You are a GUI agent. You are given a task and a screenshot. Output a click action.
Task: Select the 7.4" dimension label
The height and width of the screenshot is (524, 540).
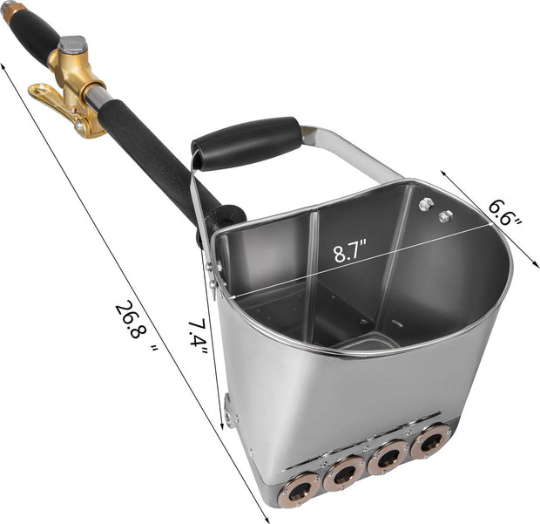[199, 337]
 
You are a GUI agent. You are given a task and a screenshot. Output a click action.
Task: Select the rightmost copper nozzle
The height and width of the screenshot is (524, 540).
[429, 441]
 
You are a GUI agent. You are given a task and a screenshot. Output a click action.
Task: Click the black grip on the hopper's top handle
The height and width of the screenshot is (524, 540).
[247, 141]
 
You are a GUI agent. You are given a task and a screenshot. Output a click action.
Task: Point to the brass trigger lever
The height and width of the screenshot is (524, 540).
[54, 103]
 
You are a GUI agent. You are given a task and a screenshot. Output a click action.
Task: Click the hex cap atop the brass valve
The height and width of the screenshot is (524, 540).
[71, 44]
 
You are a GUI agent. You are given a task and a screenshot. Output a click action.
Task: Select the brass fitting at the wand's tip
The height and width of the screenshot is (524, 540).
[10, 11]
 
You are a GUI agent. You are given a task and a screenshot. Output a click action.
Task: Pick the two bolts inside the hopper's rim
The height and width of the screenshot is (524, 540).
[435, 209]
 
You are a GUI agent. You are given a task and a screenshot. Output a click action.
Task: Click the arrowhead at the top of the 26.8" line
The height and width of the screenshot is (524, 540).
[4, 65]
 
